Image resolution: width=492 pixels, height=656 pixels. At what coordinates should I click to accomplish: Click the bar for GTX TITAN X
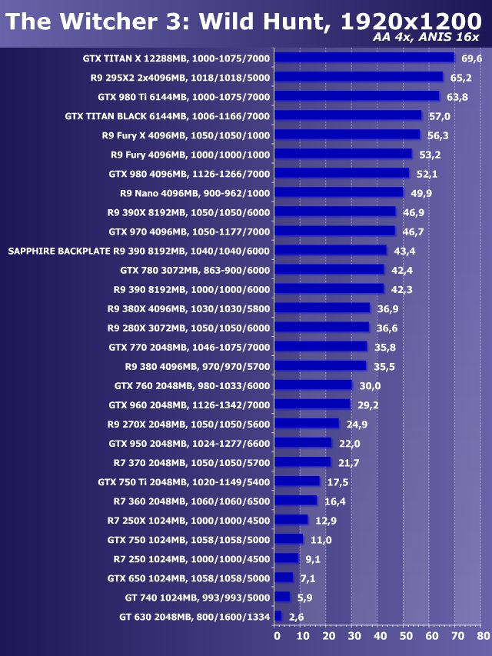(x=364, y=58)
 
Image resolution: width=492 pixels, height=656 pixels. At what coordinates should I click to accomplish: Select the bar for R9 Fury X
(x=347, y=135)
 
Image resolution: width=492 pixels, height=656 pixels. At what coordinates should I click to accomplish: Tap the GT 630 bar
(x=278, y=616)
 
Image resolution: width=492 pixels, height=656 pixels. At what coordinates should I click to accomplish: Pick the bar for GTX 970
(x=334, y=231)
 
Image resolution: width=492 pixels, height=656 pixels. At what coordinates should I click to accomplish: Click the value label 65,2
(x=460, y=78)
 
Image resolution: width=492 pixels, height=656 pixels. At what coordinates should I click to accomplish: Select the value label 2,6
(x=297, y=617)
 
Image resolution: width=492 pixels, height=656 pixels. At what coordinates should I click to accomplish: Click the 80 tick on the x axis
(x=482, y=636)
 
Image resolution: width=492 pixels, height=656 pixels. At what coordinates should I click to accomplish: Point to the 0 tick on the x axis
(x=277, y=636)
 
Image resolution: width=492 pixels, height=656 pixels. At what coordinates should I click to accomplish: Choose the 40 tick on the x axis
(x=379, y=636)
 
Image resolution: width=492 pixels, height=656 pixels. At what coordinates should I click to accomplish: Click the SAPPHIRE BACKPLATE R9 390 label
(x=139, y=251)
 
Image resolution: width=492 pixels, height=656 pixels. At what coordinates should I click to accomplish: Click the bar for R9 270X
(x=306, y=423)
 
